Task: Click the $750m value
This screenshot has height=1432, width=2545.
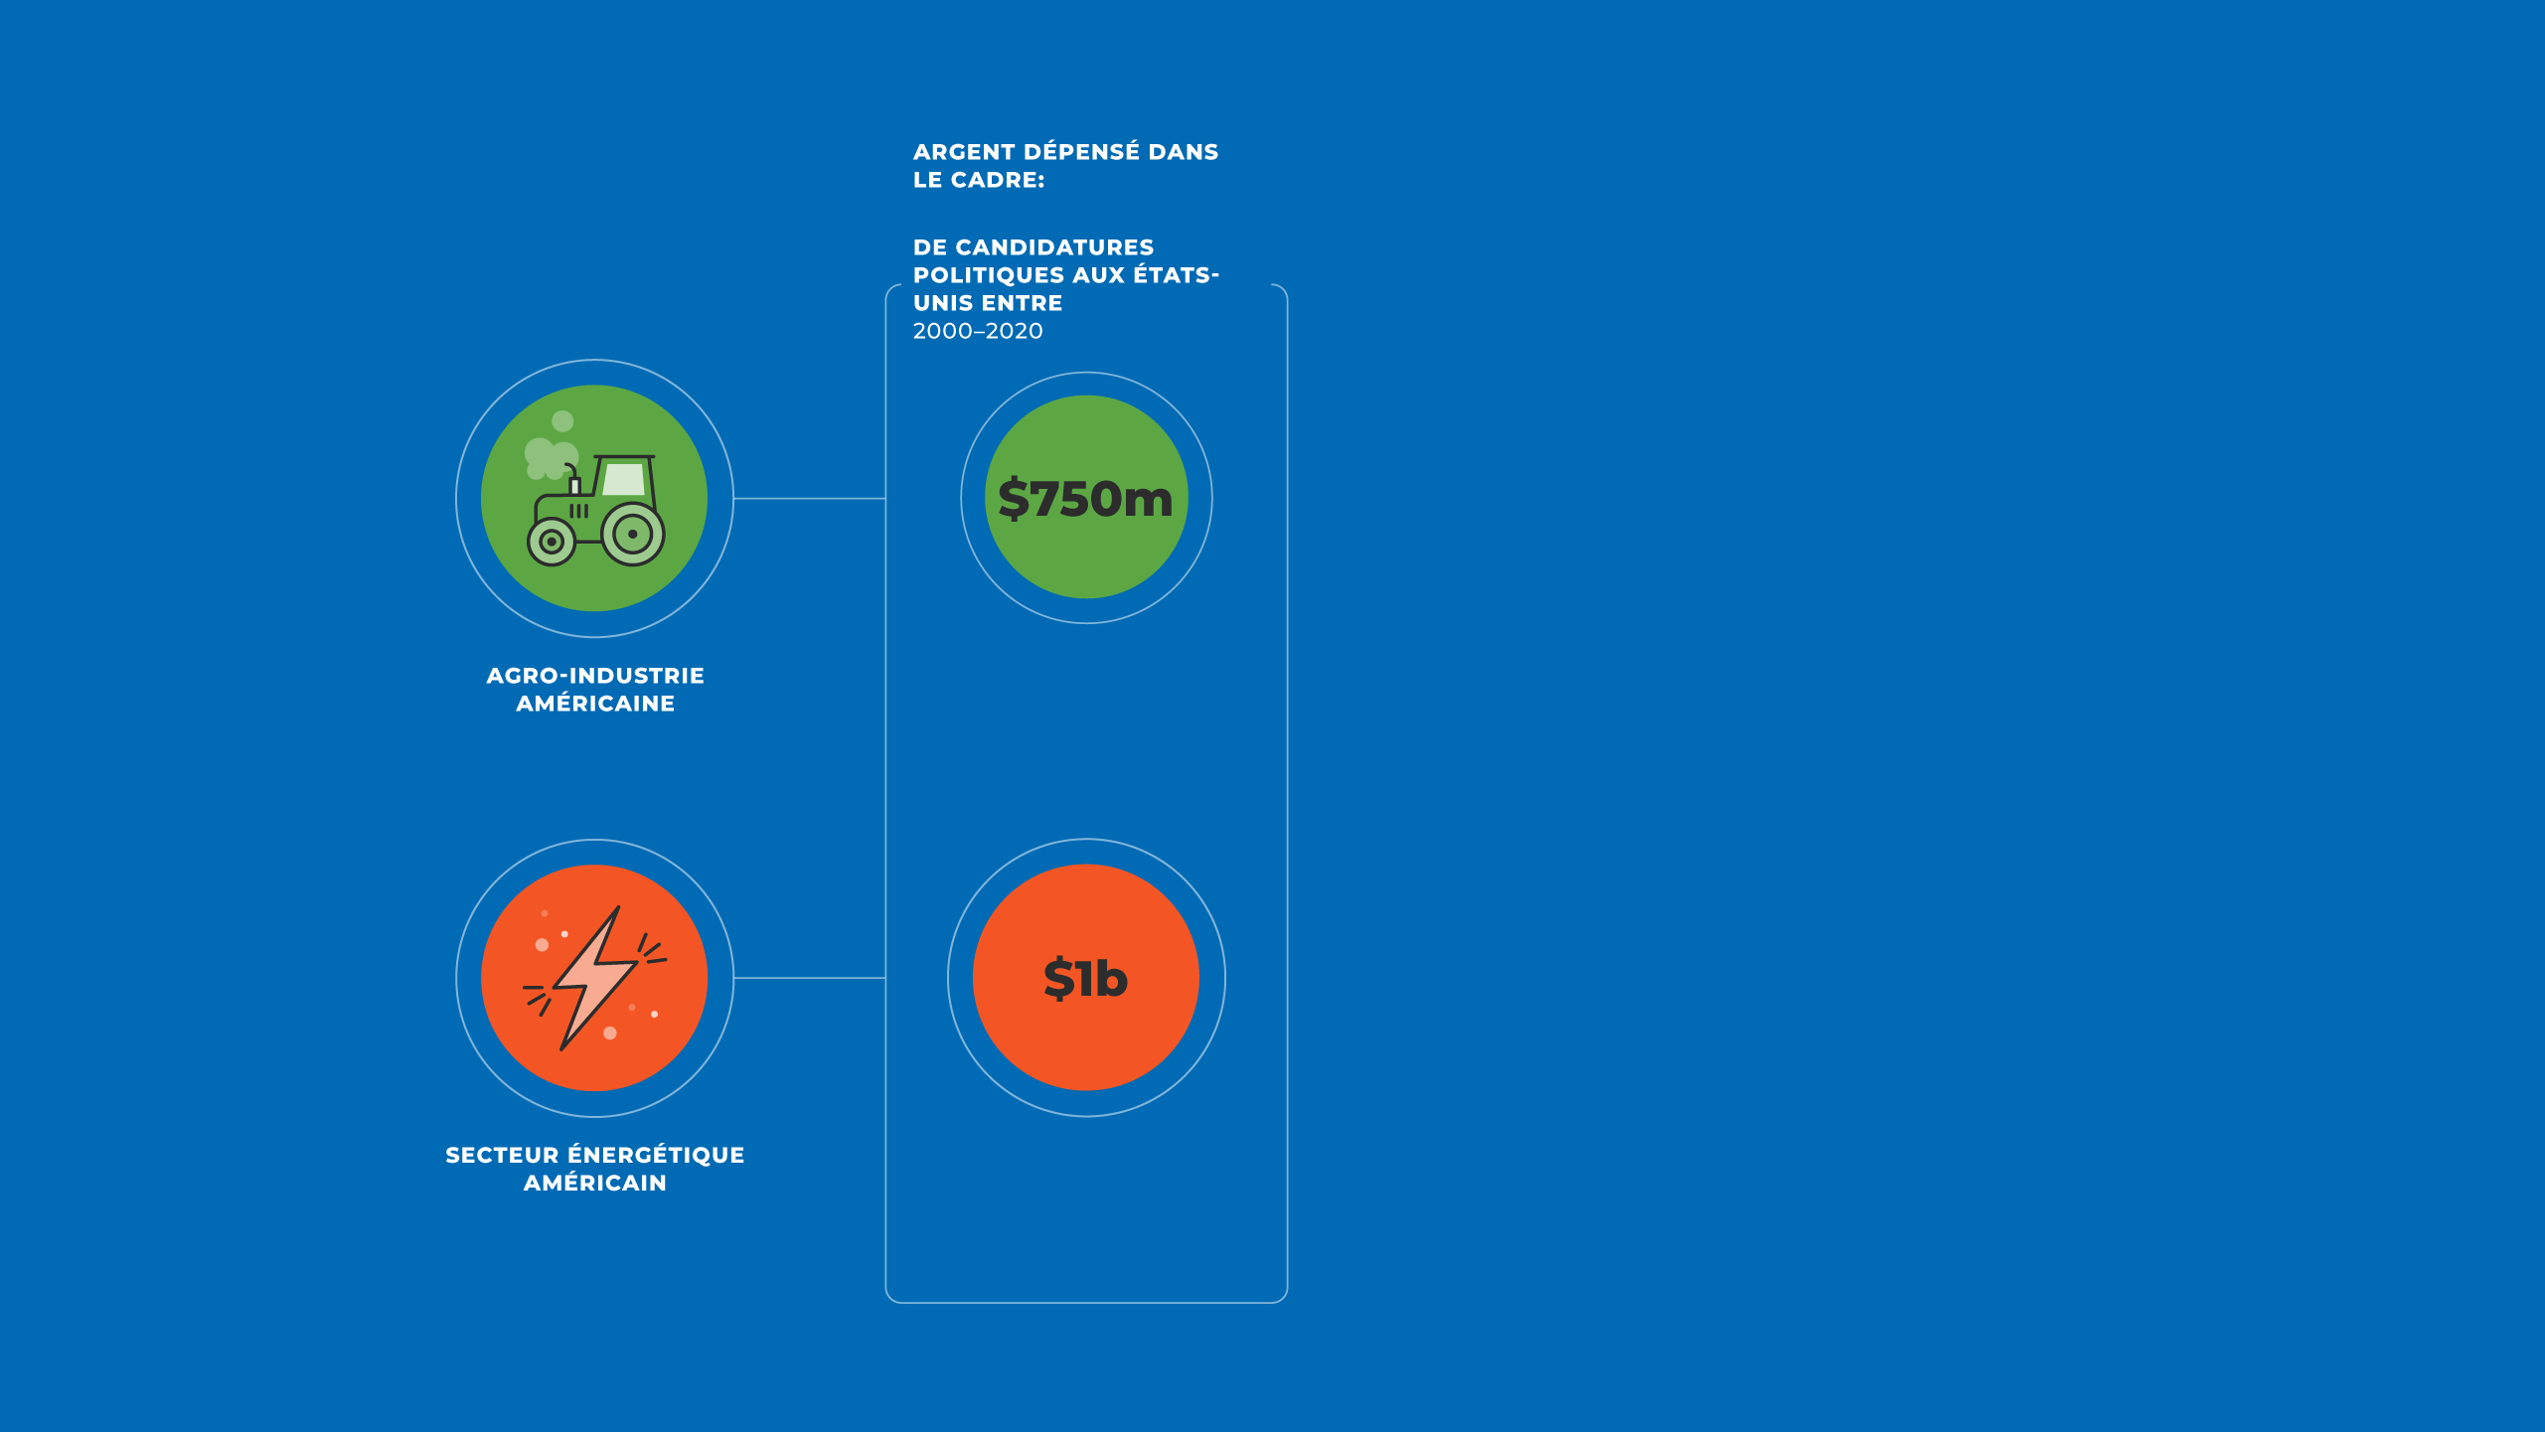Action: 1085,499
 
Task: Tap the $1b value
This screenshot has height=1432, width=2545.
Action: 1085,979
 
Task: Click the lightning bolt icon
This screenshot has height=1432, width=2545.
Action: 595,978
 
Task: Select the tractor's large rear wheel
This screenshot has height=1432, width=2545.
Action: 633,534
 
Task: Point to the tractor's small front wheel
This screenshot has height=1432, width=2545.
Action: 552,542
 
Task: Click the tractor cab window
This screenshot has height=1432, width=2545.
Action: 625,479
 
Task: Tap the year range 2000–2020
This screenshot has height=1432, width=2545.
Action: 978,331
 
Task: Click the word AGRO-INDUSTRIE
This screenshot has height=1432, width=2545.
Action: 595,676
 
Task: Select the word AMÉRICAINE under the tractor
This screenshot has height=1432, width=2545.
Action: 595,704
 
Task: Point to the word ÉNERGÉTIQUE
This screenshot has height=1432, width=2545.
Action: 656,1155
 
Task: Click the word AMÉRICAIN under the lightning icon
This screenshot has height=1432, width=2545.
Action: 595,1183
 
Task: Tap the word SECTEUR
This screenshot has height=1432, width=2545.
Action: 502,1155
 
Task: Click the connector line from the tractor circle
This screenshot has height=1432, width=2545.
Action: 810,499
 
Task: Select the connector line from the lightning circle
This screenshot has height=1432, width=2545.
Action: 810,978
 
